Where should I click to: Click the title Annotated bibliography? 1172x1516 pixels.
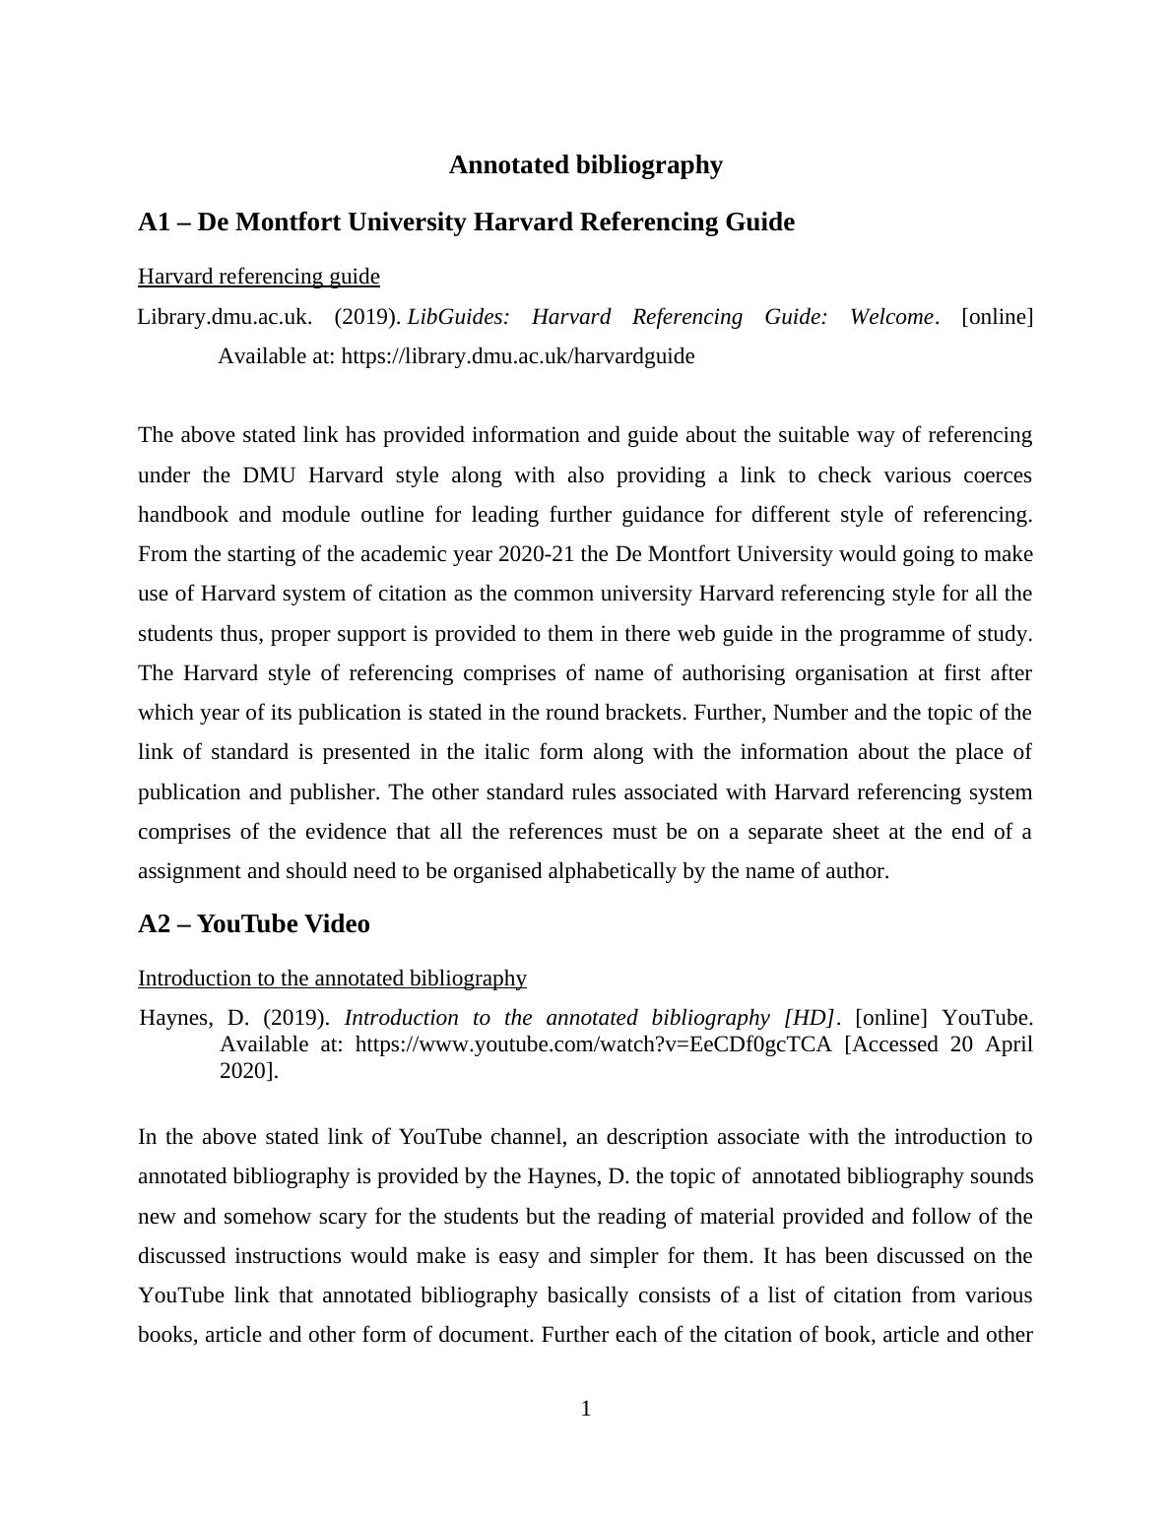(x=585, y=165)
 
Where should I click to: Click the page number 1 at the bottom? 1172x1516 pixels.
(x=586, y=1409)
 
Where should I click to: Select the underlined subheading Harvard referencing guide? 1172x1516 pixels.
(x=258, y=277)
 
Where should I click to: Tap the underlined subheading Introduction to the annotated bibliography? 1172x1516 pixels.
(x=332, y=979)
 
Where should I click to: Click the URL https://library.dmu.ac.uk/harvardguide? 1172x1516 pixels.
(x=517, y=356)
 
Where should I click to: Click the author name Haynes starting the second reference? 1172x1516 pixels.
(x=175, y=1018)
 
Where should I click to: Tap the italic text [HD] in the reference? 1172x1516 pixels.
(x=810, y=1018)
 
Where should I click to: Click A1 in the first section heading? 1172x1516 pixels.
(x=155, y=222)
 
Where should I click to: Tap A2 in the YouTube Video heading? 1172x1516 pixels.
(x=155, y=924)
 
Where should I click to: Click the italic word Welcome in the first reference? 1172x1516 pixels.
(x=891, y=317)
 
